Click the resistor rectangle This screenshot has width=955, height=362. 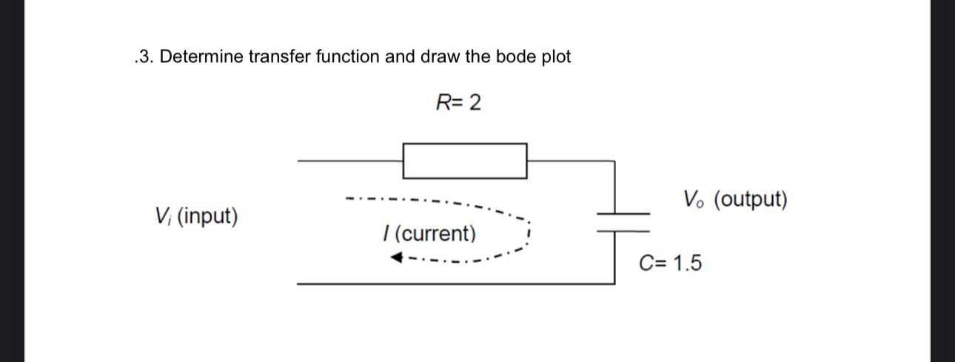(465, 161)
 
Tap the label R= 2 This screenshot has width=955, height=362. (458, 103)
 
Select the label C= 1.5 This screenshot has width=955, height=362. (671, 263)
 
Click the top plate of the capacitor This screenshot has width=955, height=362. (624, 214)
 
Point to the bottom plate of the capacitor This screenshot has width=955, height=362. (624, 230)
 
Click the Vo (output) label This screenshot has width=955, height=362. (736, 199)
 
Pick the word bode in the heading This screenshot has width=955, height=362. (515, 57)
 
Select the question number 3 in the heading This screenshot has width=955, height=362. (144, 57)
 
